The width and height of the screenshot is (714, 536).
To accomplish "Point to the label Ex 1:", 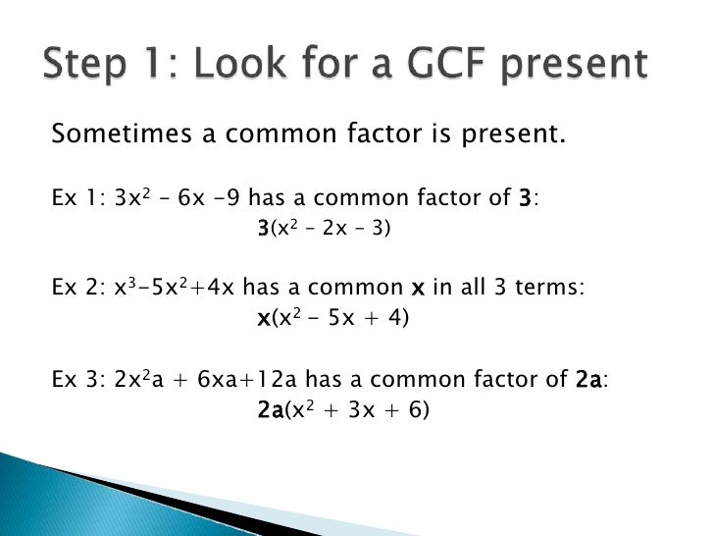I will [x=78, y=199].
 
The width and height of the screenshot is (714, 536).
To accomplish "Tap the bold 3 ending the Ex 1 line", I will [x=525, y=199].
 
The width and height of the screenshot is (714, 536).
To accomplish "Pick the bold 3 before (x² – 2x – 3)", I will [x=263, y=230].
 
